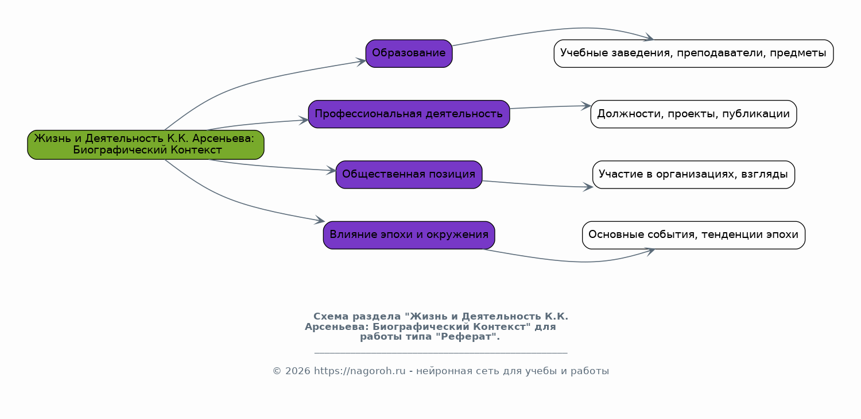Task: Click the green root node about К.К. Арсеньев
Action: [146, 144]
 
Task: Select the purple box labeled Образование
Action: [409, 53]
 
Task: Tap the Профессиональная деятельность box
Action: [409, 114]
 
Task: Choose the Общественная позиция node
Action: [409, 174]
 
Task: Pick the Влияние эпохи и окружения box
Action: [409, 235]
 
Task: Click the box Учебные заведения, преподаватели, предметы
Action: [693, 53]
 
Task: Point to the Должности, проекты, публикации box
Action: [693, 114]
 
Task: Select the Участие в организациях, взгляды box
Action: [693, 174]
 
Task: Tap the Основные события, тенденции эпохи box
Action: [693, 235]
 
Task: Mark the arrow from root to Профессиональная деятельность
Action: [258, 123]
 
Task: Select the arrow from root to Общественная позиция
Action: [270, 167]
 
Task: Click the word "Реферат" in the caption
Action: [467, 337]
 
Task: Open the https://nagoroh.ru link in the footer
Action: [351, 371]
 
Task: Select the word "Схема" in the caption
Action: [331, 317]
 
